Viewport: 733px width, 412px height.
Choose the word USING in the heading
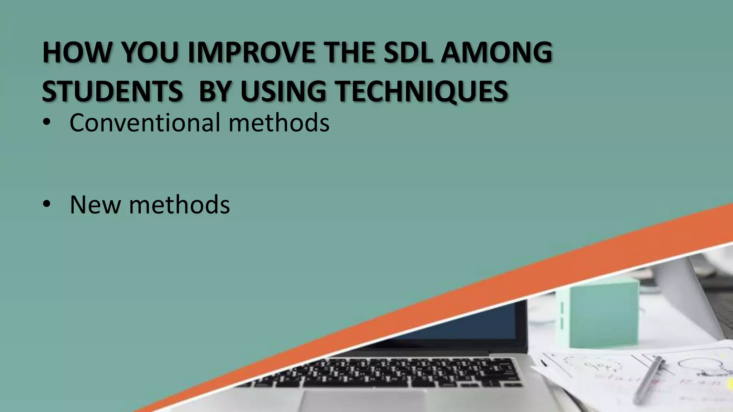(283, 91)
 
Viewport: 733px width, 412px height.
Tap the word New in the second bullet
(95, 205)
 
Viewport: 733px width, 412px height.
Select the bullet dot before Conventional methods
(47, 123)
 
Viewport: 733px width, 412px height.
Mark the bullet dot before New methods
(47, 205)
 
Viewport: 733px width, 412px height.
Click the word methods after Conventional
(279, 123)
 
